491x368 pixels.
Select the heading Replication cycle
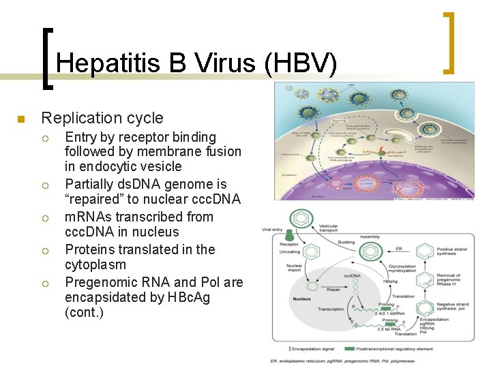(102, 118)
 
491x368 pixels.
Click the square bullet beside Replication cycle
(21, 119)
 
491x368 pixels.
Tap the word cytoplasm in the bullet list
(95, 264)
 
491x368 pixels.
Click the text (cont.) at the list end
(84, 313)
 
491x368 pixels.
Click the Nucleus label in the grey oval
(303, 298)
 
